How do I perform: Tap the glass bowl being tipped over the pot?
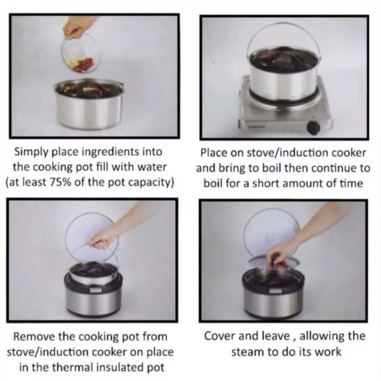click(81, 54)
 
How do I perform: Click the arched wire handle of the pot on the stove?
click(283, 32)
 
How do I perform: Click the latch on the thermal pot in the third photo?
click(96, 289)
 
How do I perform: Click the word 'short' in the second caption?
click(267, 183)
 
